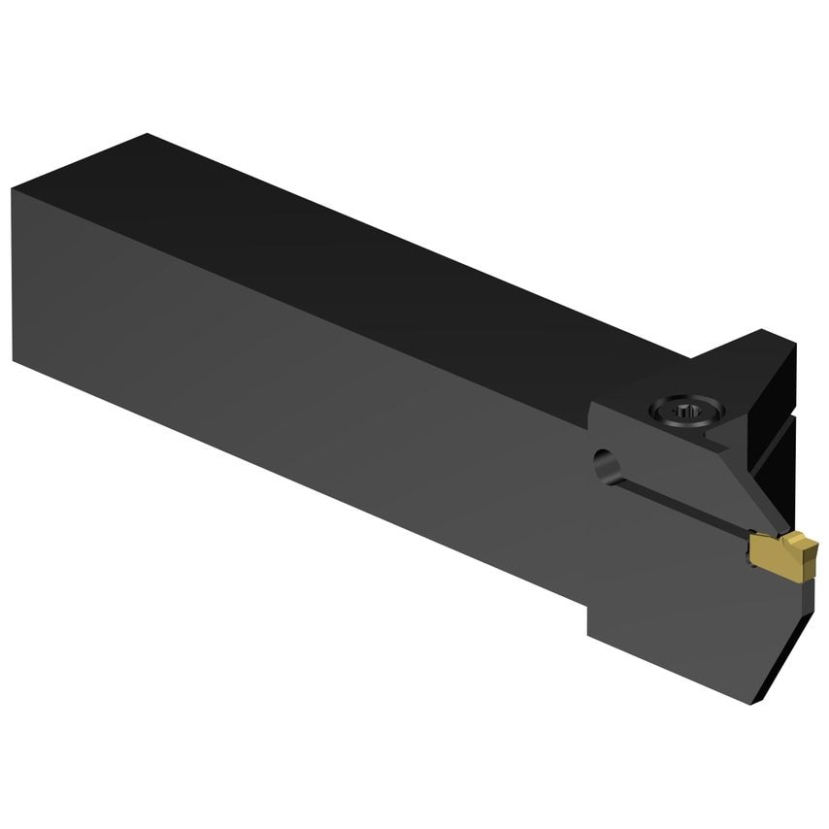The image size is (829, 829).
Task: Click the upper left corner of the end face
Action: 14,189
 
